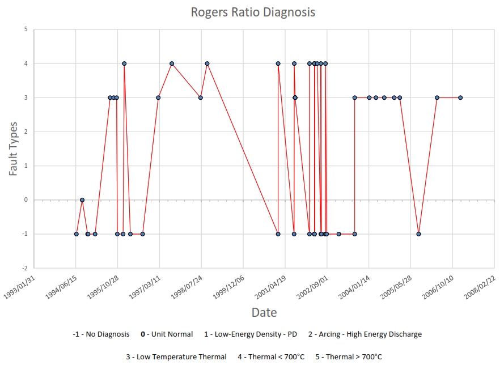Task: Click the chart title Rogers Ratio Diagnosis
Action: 252,12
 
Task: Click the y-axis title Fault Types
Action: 14,148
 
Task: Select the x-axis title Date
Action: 264,312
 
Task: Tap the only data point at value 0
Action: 82,200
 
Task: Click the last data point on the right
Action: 460,97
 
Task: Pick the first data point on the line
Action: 77,234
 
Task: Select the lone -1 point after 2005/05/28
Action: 418,234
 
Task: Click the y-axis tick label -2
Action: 24,268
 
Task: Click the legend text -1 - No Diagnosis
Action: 101,334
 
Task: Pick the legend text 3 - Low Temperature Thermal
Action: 176,356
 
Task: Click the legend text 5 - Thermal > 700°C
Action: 347,356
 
